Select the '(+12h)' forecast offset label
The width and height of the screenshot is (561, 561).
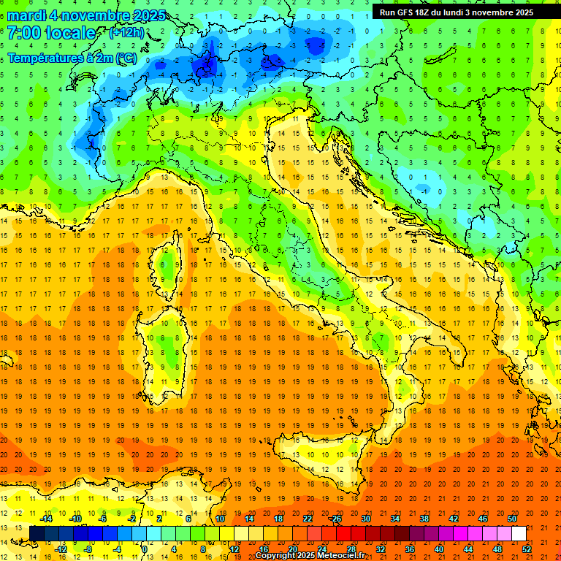[x=126, y=33]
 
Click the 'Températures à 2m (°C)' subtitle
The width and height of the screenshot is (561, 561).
[x=72, y=57]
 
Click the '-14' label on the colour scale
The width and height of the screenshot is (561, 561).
[x=46, y=519]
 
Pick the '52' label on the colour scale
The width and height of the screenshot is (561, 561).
[x=527, y=549]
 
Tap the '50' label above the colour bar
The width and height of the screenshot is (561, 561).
[x=511, y=519]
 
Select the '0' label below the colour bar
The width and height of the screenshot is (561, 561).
[x=145, y=549]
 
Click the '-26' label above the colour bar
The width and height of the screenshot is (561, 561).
[x=335, y=519]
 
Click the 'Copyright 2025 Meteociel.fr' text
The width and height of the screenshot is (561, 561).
[x=315, y=556]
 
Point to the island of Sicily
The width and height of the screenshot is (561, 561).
[x=321, y=457]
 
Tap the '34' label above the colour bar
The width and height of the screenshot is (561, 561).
[x=394, y=519]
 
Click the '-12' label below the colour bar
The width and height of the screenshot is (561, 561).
[x=61, y=549]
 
